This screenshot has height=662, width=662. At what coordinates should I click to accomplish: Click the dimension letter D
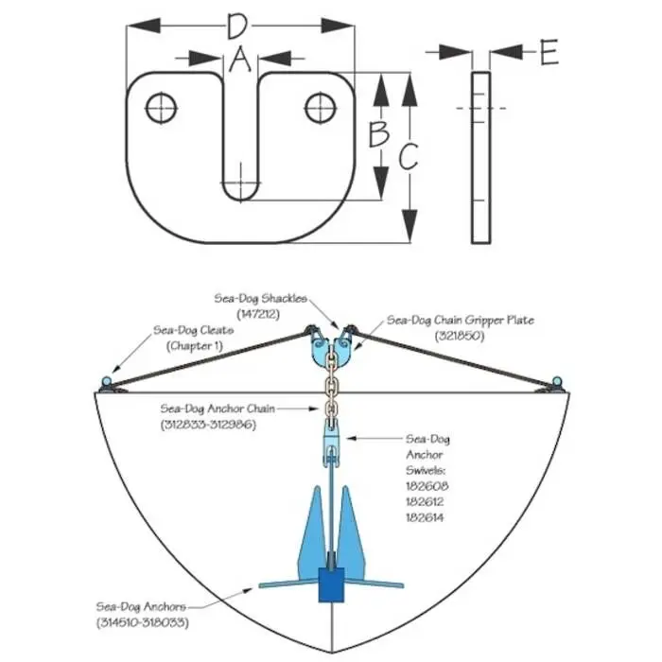point(239,26)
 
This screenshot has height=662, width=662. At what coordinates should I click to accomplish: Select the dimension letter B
point(378,134)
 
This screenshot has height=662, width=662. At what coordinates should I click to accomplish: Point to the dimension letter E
point(549,53)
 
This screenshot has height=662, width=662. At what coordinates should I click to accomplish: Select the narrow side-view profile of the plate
point(480,157)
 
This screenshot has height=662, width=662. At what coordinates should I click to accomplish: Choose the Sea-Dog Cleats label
point(193,339)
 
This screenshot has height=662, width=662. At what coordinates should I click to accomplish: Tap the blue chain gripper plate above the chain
point(330,350)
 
